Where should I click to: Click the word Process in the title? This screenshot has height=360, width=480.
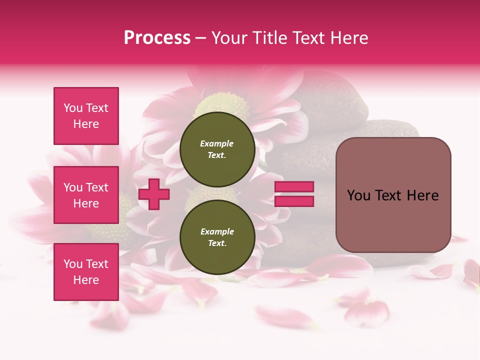tap(157, 38)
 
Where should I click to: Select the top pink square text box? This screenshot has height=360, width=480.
tap(86, 116)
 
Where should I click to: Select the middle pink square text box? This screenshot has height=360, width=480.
tap(86, 195)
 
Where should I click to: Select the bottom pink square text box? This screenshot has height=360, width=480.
tap(86, 272)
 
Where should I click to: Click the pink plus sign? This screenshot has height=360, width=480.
tap(154, 194)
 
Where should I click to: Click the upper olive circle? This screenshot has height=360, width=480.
tap(217, 149)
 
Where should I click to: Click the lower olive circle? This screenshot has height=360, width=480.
tap(217, 237)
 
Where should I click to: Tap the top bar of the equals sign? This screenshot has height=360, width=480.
tap(294, 187)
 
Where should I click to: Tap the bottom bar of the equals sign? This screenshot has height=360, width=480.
tap(294, 201)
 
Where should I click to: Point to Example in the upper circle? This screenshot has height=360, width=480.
tap(217, 143)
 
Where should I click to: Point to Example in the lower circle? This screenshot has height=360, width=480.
tap(217, 231)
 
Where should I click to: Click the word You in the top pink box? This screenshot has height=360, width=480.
tap(73, 108)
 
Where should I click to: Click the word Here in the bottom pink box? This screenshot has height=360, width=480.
tap(86, 280)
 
